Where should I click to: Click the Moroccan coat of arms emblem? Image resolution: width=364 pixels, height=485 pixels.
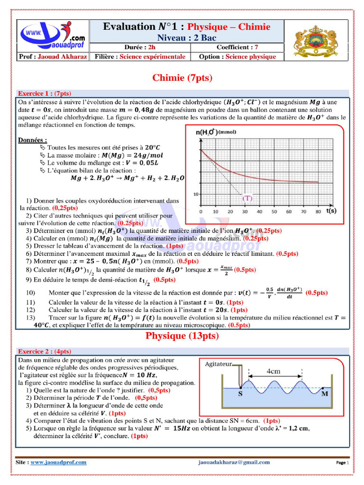pyautogui.click(x=314, y=41)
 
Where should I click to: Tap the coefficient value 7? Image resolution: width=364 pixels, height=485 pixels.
pyautogui.click(x=256, y=47)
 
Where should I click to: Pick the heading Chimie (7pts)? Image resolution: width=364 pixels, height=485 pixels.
pyautogui.click(x=182, y=78)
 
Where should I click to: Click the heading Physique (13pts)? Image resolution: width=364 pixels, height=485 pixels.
pyautogui.click(x=182, y=336)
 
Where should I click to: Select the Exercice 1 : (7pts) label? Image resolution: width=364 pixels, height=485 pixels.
pyautogui.click(x=44, y=93)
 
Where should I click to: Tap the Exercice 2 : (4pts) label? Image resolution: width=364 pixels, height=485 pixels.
pyautogui.click(x=44, y=351)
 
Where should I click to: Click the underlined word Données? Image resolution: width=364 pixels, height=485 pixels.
pyautogui.click(x=32, y=140)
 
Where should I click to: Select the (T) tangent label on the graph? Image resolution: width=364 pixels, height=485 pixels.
pyautogui.click(x=247, y=199)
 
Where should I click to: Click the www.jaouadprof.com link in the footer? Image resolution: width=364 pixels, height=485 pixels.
pyautogui.click(x=58, y=462)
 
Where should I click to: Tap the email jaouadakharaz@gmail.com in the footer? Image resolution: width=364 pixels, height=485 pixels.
pyautogui.click(x=234, y=462)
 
